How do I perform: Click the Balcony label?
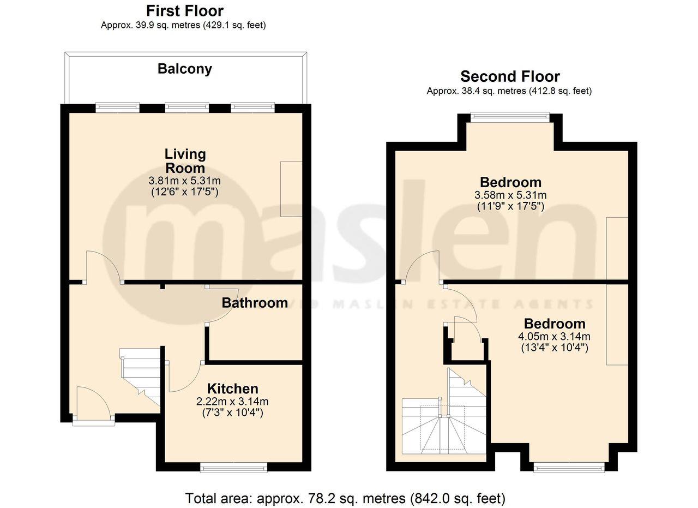pyautogui.click(x=184, y=69)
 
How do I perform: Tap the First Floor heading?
pyautogui.click(x=184, y=10)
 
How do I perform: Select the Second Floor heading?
pyautogui.click(x=509, y=76)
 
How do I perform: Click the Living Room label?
pyautogui.click(x=185, y=161)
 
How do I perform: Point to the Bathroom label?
pyautogui.click(x=255, y=303)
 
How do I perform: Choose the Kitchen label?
pyautogui.click(x=232, y=389)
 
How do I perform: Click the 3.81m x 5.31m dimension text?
pyautogui.click(x=184, y=181)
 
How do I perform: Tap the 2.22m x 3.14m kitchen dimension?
pyautogui.click(x=232, y=402)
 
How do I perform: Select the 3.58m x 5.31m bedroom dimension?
pyautogui.click(x=510, y=195)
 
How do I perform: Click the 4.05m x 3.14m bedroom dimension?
pyautogui.click(x=555, y=336)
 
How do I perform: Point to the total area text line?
pyautogui.click(x=345, y=498)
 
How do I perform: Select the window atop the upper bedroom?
pyautogui.click(x=510, y=116)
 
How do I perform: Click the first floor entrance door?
pyautogui.click(x=93, y=404)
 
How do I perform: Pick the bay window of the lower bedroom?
pyautogui.click(x=569, y=467)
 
